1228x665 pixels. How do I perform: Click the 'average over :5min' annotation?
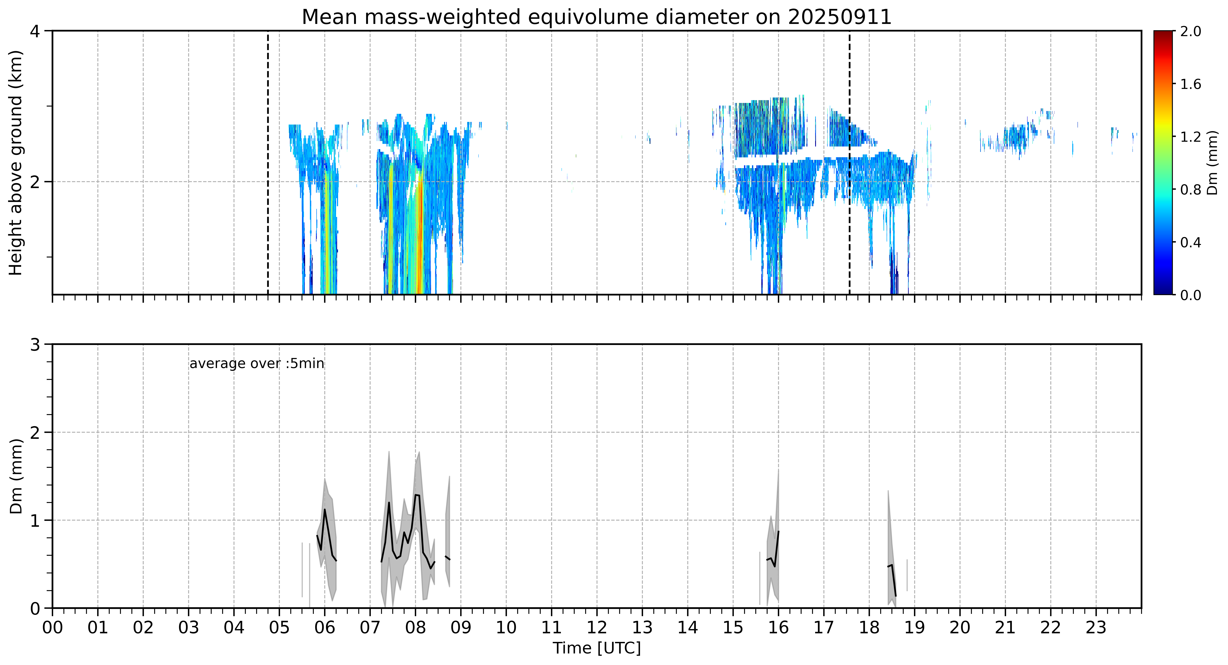[256, 364]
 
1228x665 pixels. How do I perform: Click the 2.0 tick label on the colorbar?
[1190, 32]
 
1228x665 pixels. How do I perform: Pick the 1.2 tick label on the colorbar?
[1190, 137]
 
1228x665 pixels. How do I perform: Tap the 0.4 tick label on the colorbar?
[1190, 242]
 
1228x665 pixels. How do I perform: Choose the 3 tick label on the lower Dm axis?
[35, 345]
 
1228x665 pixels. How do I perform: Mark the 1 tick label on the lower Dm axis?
[35, 520]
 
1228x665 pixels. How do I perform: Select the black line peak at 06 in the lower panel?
[325, 510]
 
